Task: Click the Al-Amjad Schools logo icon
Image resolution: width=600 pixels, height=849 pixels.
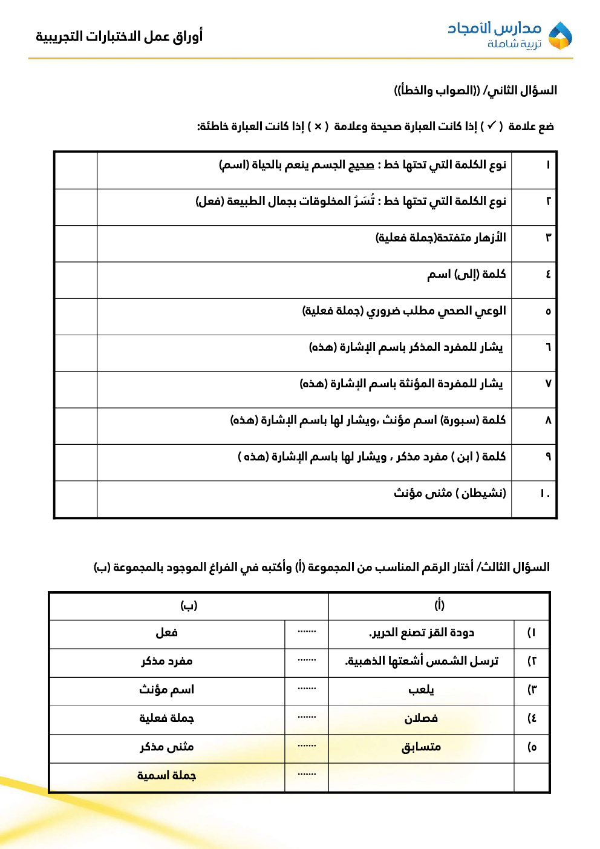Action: click(559, 36)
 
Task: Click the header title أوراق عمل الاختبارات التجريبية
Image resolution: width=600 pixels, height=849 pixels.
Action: click(119, 36)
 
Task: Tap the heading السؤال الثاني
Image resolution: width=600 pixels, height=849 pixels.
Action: click(520, 90)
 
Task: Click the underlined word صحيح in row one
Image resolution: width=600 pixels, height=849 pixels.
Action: click(361, 165)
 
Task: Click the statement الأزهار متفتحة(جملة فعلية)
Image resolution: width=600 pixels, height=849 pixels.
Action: click(440, 237)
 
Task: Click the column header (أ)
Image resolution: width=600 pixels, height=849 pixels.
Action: click(439, 605)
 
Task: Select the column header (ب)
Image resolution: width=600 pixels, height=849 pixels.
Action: click(189, 605)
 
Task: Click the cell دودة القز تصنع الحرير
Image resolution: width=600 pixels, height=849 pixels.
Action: click(422, 633)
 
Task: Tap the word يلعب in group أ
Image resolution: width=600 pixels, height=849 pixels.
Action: click(421, 690)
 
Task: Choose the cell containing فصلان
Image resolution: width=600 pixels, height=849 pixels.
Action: click(421, 718)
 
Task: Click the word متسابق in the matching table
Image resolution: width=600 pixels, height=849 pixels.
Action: click(421, 747)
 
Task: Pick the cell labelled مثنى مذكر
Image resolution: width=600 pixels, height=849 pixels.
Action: click(167, 747)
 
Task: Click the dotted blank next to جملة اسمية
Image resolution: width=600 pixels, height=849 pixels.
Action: click(307, 775)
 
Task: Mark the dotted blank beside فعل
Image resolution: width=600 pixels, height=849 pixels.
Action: click(307, 632)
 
